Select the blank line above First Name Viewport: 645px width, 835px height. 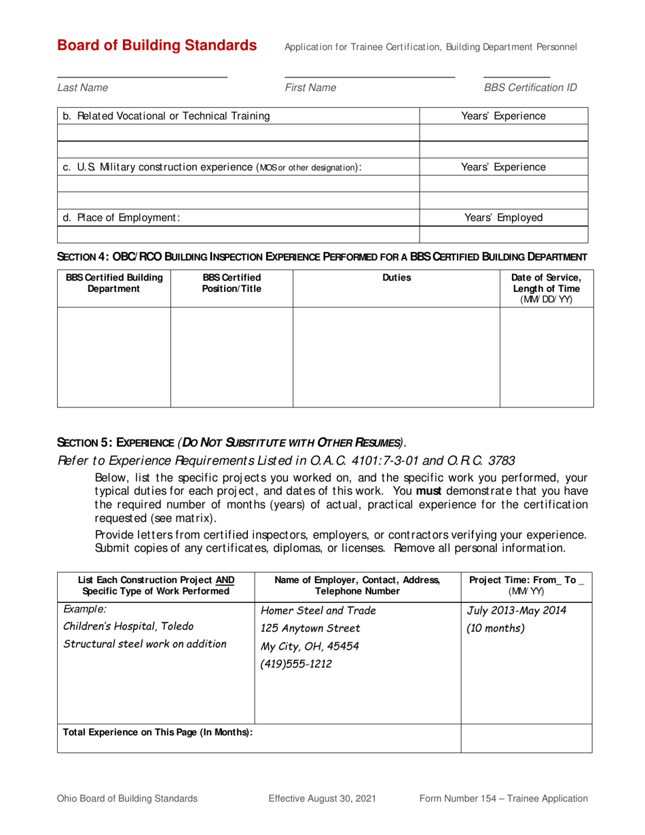pos(369,77)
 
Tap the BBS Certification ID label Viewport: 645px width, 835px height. pos(530,88)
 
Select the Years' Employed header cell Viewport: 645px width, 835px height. pos(503,218)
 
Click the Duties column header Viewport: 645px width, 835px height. pos(397,277)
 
